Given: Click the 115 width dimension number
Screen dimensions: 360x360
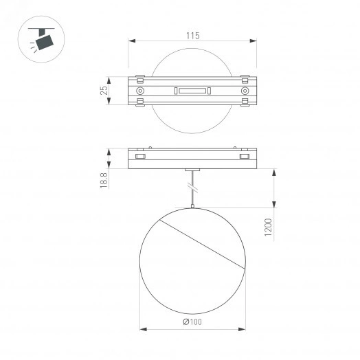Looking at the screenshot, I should pyautogui.click(x=192, y=36).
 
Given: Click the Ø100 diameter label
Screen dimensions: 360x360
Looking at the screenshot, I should pyautogui.click(x=192, y=322).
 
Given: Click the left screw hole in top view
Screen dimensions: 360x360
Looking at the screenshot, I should pyautogui.click(x=140, y=91).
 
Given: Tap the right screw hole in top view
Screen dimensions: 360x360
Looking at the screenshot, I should pyautogui.click(x=245, y=91).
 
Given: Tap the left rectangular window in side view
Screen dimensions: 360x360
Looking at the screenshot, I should pyautogui.click(x=140, y=157).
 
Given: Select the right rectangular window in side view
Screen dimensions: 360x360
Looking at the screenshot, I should pyautogui.click(x=244, y=157).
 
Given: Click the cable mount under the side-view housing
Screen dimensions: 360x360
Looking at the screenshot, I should pyautogui.click(x=192, y=170).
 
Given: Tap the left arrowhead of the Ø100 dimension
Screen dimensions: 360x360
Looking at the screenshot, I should pyautogui.click(x=142, y=328).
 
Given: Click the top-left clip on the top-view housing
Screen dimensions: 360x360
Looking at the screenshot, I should pyautogui.click(x=140, y=76).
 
